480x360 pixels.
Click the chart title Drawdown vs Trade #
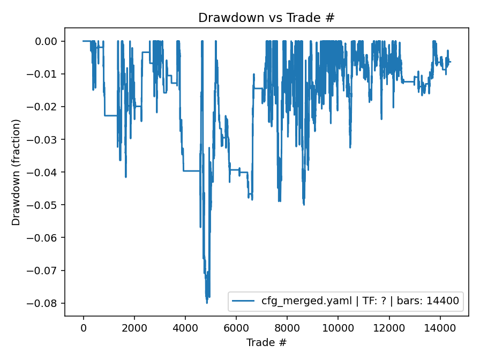[266, 18]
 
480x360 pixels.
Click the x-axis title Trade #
[266, 342]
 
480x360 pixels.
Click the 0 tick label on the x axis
[84, 328]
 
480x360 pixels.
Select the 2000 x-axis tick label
[134, 328]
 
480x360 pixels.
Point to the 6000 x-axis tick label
[236, 328]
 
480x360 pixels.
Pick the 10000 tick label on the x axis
[338, 328]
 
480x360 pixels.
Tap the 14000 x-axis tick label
[440, 328]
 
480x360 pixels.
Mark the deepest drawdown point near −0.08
[207, 303]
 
